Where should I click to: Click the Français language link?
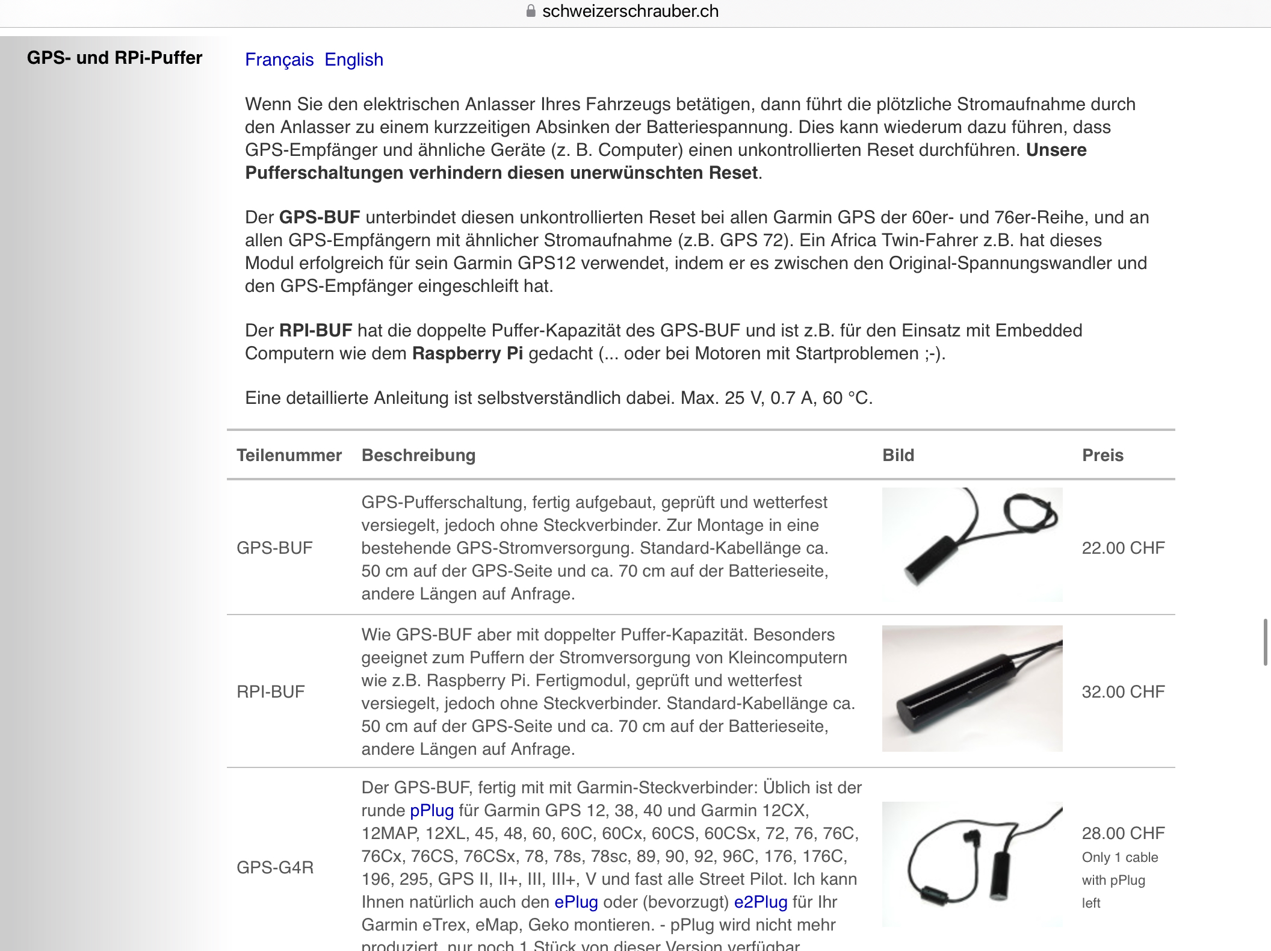279,60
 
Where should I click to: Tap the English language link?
354,60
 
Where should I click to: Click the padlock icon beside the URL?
531,11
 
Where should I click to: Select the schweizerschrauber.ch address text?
630,11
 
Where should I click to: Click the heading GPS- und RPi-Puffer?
114,58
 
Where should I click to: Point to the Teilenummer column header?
289,455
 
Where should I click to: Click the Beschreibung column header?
418,455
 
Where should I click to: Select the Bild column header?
898,455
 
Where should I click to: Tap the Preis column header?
1102,455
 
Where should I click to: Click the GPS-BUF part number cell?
274,548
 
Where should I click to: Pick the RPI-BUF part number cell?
271,692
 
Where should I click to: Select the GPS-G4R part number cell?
275,867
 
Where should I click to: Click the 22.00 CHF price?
1123,548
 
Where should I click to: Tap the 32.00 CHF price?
1123,692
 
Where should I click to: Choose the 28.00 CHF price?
1123,833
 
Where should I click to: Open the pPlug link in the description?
431,811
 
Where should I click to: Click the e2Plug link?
761,902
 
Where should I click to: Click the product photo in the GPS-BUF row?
972,545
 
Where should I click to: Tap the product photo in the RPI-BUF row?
972,689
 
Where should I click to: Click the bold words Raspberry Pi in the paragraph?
467,353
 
